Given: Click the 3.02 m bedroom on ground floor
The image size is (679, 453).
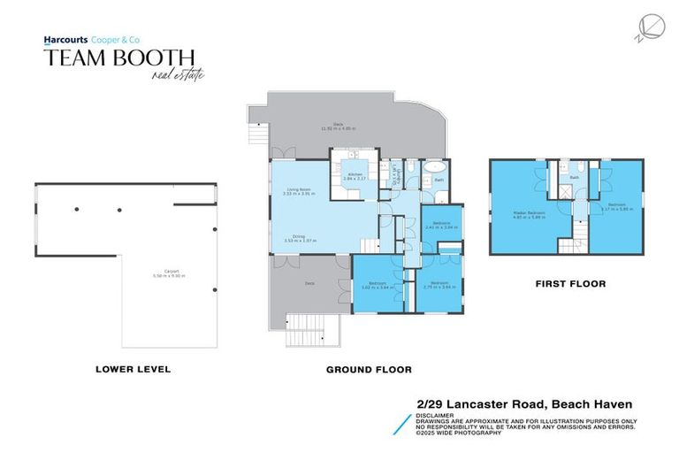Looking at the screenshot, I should pos(377,285).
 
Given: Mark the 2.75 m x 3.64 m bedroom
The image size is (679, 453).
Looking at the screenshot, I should pos(439,285).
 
